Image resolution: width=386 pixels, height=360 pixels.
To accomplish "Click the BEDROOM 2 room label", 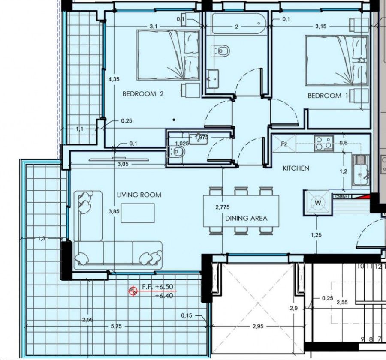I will click(143, 94).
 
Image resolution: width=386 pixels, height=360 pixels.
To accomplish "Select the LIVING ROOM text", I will click(139, 195).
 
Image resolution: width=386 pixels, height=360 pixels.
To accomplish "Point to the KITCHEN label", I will click(296, 168).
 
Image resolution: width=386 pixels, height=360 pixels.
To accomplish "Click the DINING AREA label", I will click(246, 218).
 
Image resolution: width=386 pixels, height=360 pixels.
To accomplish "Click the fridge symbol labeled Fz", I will click(284, 144).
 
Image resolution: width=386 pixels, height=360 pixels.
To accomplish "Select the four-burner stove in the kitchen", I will click(323, 144).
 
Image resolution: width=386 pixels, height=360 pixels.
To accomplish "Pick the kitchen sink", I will click(361, 170).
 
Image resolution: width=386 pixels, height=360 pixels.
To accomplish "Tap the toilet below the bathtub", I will click(222, 51).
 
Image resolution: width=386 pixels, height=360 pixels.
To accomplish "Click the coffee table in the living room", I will click(137, 213).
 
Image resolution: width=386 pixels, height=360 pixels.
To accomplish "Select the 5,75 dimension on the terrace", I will click(116, 327).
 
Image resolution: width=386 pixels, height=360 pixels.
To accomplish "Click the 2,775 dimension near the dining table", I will click(222, 207).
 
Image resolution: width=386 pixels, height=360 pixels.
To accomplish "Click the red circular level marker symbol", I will click(133, 291).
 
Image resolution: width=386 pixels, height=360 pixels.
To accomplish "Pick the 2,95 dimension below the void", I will click(258, 327).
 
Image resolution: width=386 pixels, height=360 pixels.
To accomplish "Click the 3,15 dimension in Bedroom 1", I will click(321, 27).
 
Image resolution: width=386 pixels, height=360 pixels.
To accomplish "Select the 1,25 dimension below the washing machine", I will click(316, 234).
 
